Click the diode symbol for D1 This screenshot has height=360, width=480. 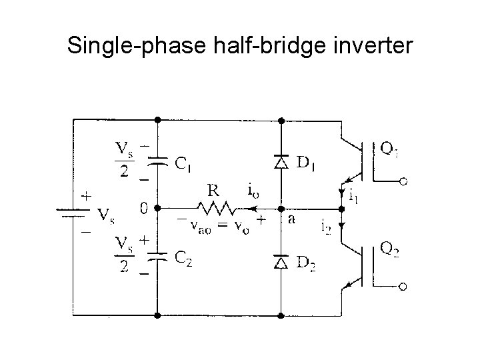click(x=281, y=161)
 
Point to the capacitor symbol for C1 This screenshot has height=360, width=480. click(x=157, y=161)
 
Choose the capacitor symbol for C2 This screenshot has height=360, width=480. click(x=157, y=257)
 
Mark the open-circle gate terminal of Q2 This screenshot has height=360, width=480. click(x=403, y=287)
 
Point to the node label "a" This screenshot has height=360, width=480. click(x=291, y=218)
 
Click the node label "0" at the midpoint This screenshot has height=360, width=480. click(x=143, y=208)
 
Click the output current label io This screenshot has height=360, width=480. click(x=254, y=191)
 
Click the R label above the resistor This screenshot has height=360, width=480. click(x=213, y=190)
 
